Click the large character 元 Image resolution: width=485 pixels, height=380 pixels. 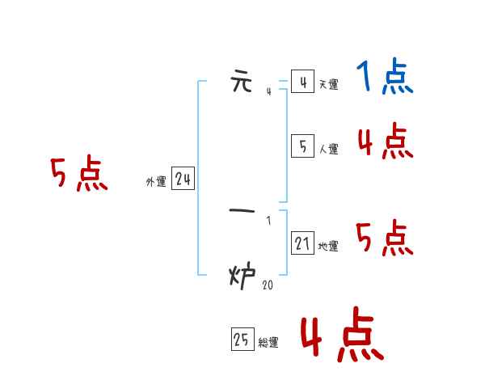pos(242,82)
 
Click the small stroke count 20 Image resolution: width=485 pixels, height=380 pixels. pos(268,285)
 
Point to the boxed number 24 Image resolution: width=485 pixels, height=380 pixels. pos(183,180)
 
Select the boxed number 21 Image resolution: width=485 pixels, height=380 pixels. pos(302,243)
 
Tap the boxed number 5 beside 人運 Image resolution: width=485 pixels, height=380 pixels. pos(302,146)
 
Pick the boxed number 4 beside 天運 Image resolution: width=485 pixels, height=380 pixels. pos(302,82)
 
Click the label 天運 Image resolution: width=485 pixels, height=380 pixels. pos(328,84)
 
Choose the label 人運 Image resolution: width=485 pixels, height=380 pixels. pos(328,149)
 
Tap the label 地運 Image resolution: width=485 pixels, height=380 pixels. pos(328,246)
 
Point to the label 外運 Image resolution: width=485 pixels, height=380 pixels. pos(155,183)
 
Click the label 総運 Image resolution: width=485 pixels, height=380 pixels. pos(268,343)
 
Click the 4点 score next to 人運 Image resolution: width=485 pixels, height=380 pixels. pos(385,142)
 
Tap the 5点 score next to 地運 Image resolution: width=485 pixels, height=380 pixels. pos(385,239)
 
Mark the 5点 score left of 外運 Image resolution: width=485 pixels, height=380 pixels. pos(79,175)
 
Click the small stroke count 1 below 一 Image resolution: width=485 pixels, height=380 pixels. pos(268,221)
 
